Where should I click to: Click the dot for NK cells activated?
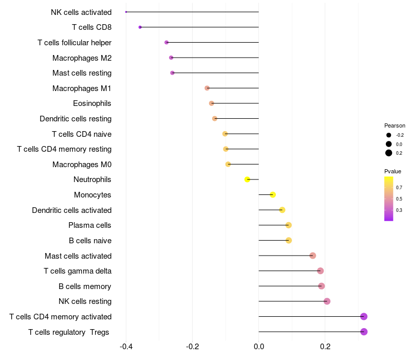126,12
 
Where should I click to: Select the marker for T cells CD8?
140,27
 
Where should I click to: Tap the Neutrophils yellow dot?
247,179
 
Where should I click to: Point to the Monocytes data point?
273,194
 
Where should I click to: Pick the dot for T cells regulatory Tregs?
364,332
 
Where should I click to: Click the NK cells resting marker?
327,301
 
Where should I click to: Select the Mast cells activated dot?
312,256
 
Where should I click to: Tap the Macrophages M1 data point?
207,88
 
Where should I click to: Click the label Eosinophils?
92,103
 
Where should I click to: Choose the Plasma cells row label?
90,225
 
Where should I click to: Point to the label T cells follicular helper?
74,42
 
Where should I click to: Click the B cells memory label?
85,286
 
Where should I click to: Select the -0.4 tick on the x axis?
126,347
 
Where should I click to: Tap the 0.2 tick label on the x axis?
325,347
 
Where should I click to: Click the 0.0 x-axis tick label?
258,347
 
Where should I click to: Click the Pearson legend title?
395,125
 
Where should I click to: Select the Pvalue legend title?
393,171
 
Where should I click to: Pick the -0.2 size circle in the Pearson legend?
389,135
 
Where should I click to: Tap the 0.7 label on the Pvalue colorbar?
399,188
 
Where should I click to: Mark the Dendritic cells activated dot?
282,210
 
